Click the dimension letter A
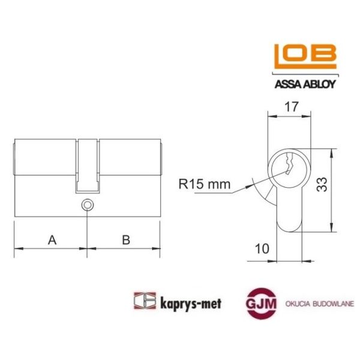click(52, 240)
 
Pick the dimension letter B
click(126, 240)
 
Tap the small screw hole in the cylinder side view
click(88, 205)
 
